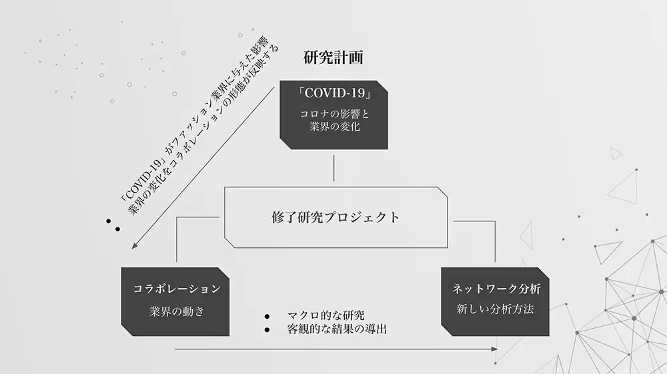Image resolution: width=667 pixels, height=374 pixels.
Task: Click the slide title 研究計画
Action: pos(333,57)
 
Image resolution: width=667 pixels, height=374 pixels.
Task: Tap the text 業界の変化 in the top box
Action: pos(334,127)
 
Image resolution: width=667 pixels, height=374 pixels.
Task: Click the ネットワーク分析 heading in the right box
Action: pos(496,289)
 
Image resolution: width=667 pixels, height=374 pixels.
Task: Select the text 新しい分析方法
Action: pos(496,310)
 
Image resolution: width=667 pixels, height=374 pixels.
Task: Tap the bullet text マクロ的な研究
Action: pos(325,315)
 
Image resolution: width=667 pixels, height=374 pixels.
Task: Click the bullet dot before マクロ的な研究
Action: pos(267,316)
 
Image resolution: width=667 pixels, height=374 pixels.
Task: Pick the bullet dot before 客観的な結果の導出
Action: pos(267,330)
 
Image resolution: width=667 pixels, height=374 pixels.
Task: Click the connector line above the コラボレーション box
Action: pos(177,240)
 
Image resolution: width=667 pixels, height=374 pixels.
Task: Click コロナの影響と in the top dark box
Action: pos(334,113)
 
